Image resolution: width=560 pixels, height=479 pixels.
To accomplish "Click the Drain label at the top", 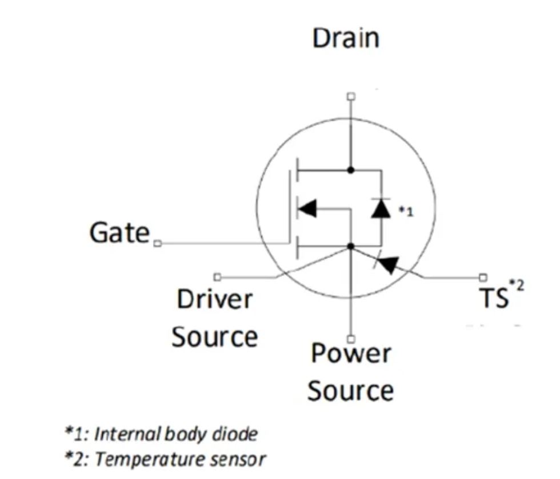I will tap(345, 38).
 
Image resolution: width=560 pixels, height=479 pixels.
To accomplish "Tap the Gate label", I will tap(119, 233).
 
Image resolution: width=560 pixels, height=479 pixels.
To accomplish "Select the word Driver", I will tap(214, 299).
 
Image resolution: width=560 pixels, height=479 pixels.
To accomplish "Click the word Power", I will tap(350, 354).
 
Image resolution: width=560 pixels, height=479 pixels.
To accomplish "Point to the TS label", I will tap(493, 298).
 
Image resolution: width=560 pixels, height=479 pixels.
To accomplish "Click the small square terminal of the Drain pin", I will tap(351, 96).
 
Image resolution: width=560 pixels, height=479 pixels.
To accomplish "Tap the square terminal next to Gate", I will tap(158, 243).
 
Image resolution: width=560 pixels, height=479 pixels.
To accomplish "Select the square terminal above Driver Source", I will tap(217, 277).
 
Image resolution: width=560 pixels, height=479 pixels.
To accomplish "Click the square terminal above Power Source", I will tap(351, 338).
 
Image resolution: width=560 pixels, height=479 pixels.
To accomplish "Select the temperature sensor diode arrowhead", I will tap(389, 264).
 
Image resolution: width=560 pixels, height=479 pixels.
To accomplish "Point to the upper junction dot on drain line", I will tap(351, 170).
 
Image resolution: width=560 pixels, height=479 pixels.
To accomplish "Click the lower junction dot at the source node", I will tap(351, 247).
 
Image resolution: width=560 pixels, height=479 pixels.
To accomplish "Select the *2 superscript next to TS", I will tap(515, 284).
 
